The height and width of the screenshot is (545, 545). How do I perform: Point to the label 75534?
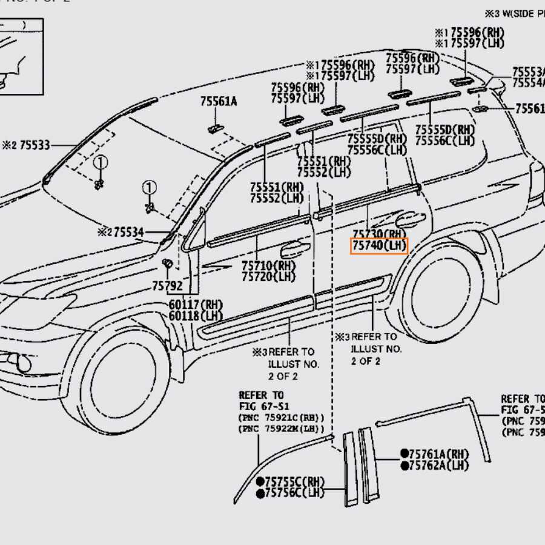pos(128,231)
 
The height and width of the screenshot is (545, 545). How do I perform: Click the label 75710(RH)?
pos(267,265)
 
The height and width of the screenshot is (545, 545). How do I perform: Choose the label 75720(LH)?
pos(267,277)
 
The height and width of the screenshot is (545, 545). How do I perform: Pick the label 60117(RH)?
pos(196,305)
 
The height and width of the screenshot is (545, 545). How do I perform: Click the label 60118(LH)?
pos(196,315)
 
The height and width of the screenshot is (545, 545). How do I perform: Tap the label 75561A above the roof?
pos(219,102)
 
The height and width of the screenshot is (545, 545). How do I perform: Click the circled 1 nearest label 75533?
pos(100,162)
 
